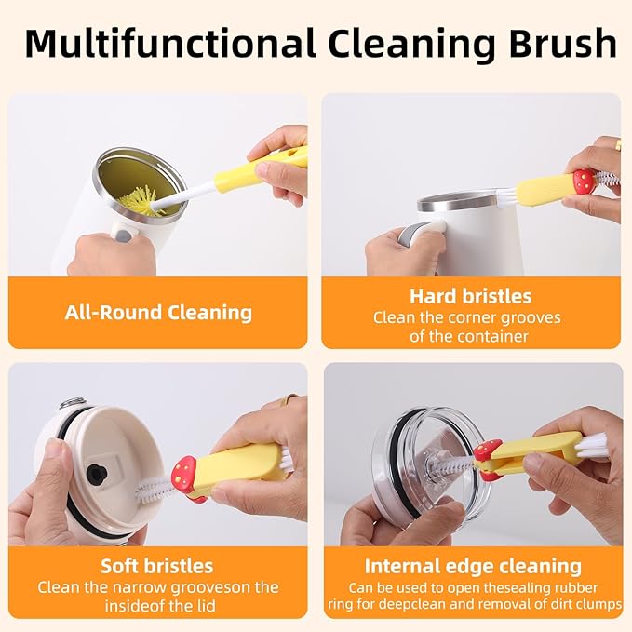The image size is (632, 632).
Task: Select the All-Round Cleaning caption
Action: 158,312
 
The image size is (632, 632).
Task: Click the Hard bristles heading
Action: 470,296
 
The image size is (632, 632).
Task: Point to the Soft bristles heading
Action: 157,565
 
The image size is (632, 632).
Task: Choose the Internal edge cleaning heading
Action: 473,565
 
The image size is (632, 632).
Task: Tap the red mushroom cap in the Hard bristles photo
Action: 584,180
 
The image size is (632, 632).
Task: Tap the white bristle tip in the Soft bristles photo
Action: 149,491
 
